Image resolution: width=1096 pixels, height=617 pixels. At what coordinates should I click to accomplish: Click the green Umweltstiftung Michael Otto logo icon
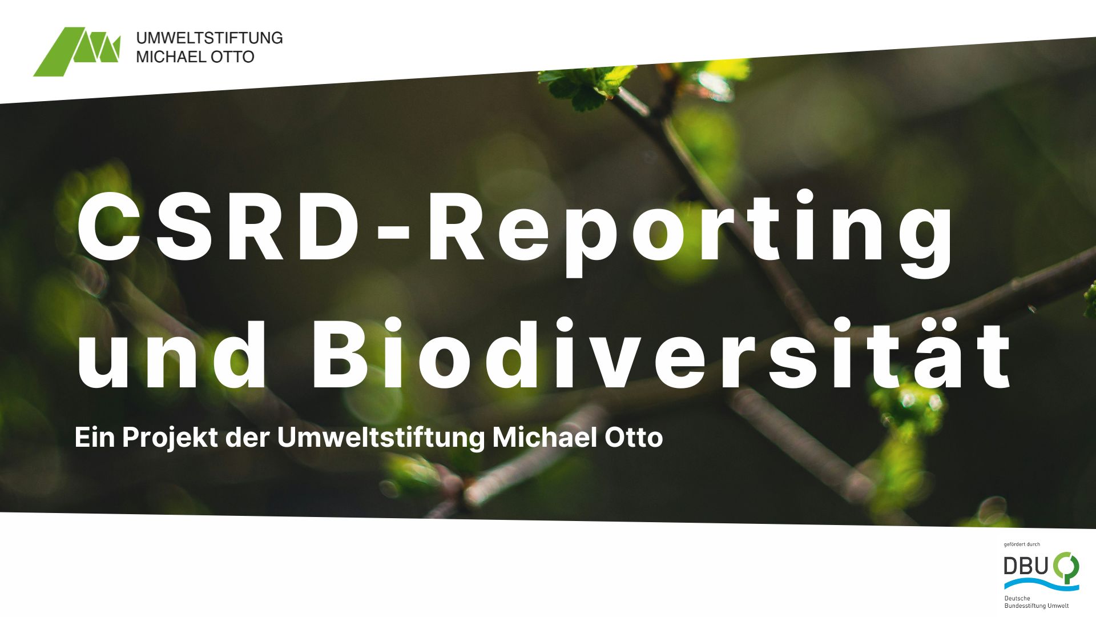tap(77, 51)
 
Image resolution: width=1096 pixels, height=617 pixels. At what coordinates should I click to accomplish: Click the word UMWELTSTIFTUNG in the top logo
tap(209, 38)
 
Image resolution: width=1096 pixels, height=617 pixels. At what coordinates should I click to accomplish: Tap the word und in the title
tap(171, 354)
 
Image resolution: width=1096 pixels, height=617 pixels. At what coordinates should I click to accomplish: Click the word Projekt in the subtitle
tap(170, 438)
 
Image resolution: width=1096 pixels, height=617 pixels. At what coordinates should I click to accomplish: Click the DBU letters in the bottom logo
tap(1026, 566)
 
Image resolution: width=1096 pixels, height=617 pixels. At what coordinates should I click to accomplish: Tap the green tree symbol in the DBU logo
tap(1066, 567)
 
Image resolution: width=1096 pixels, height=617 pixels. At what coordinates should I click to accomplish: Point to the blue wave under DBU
tap(1042, 584)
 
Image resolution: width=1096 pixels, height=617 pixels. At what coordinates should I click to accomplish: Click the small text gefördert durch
tap(1022, 544)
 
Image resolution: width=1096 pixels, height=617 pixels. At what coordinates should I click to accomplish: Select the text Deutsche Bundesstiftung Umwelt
tap(1037, 602)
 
